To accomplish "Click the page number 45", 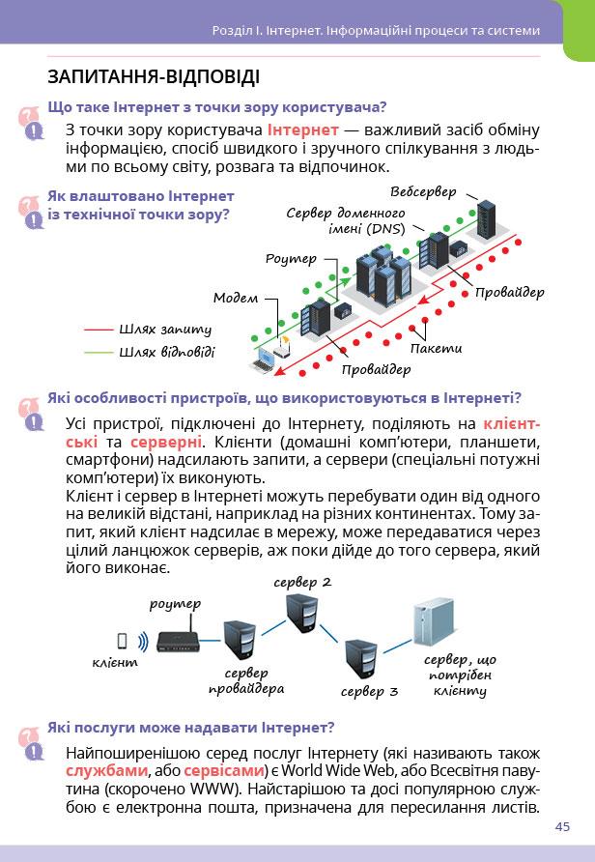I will (x=563, y=826).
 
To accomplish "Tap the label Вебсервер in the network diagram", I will (x=424, y=192).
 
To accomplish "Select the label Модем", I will (x=235, y=298).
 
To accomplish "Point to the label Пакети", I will (x=436, y=348).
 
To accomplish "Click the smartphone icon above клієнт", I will (x=123, y=641).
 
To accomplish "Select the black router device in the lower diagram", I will (x=181, y=643).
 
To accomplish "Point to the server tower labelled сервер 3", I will (x=362, y=659).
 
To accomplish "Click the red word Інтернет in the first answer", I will (x=303, y=129).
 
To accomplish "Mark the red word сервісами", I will (x=224, y=771).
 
